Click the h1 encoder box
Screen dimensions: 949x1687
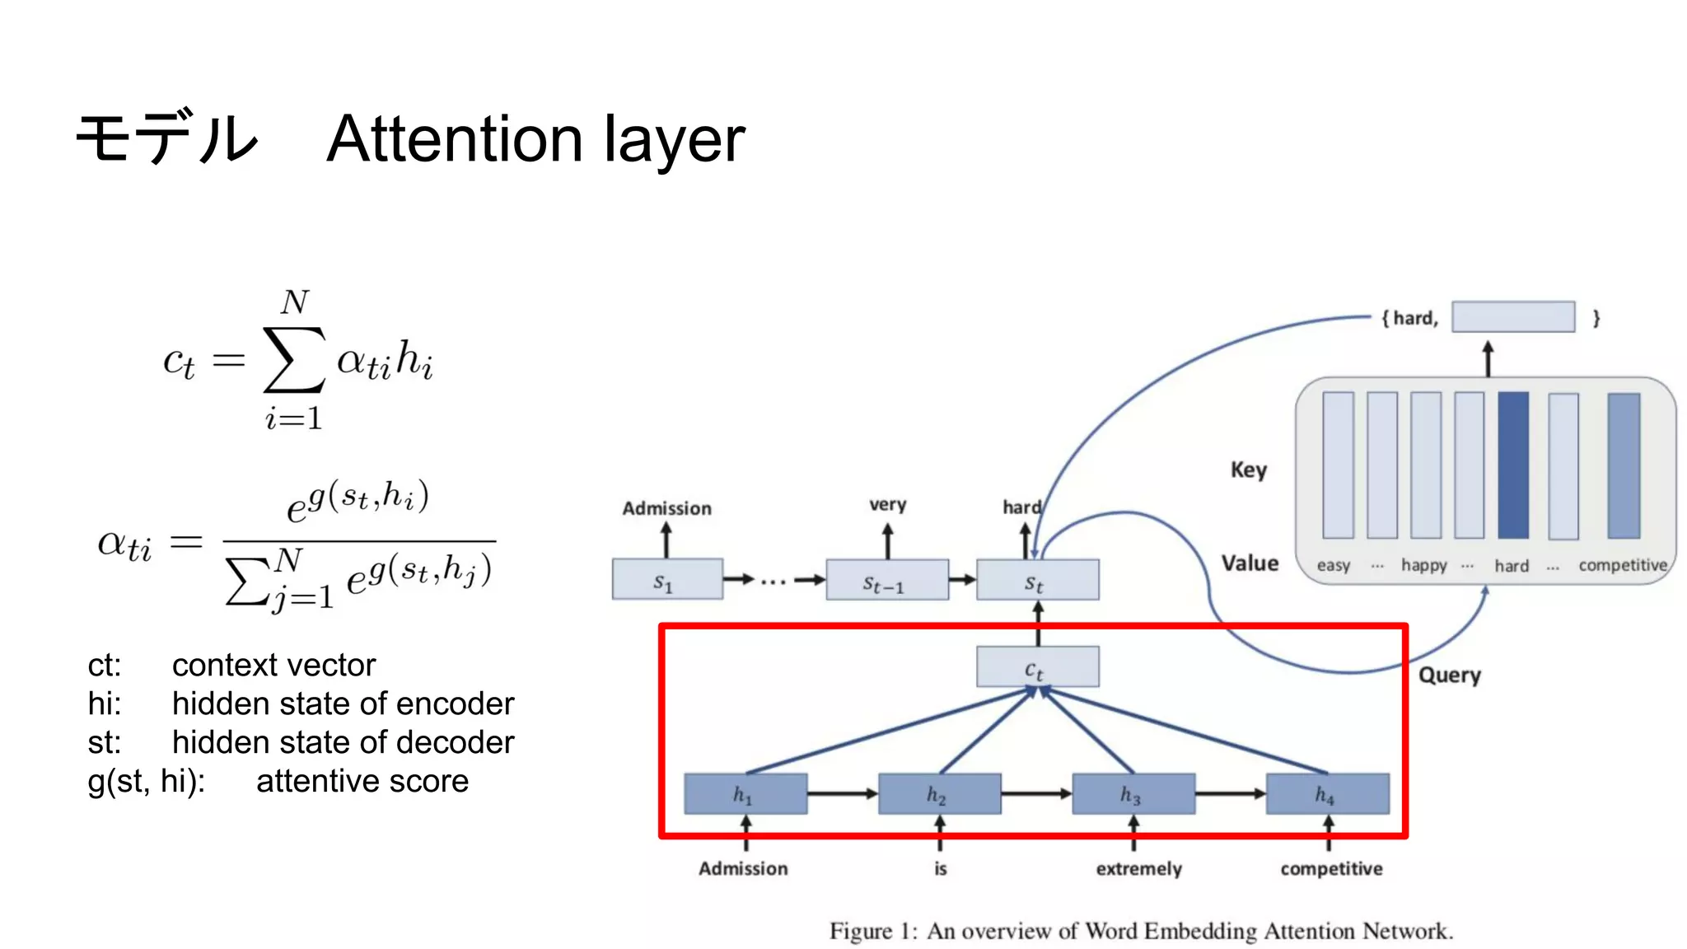[745, 794]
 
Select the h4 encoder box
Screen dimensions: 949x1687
[1327, 794]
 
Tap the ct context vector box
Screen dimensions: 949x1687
[1037, 667]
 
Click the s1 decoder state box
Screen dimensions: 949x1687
[667, 580]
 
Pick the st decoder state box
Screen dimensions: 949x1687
[1037, 580]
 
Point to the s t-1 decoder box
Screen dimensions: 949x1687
[886, 580]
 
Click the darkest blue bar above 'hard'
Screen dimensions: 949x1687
[1513, 465]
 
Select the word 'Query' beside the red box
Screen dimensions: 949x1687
[1449, 676]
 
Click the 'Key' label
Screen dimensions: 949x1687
[1248, 470]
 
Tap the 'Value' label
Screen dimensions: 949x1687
[1250, 563]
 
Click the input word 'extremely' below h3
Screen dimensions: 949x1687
[1138, 869]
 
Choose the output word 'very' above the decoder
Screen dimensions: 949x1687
[887, 504]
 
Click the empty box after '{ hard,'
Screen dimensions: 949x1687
[1513, 317]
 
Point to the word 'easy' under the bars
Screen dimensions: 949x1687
[1333, 565]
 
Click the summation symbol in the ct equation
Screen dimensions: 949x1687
[293, 360]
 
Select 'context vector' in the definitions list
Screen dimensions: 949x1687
[273, 665]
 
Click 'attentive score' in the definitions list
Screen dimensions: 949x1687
[362, 781]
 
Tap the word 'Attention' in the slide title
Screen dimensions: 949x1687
[455, 138]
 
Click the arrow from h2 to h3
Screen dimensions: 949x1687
[1036, 794]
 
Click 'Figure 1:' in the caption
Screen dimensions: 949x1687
[872, 931]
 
